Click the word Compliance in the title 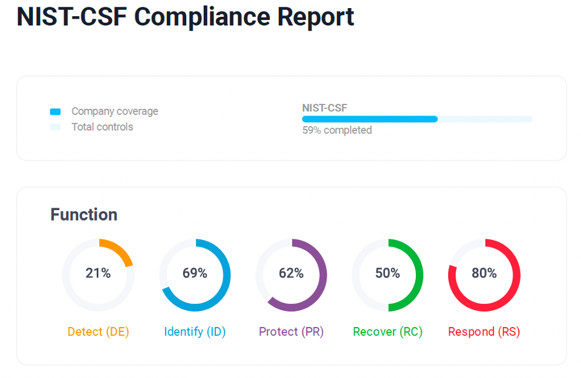click(x=202, y=17)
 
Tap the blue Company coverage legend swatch click(x=55, y=112)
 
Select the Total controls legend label click(x=102, y=127)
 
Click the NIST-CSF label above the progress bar click(x=325, y=108)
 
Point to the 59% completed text click(x=337, y=130)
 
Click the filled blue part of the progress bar click(x=369, y=119)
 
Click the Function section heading click(x=84, y=214)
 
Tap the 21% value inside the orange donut click(x=98, y=273)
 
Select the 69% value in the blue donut click(x=195, y=273)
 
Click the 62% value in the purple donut click(x=291, y=273)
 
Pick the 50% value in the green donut click(x=387, y=273)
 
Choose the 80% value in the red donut click(x=484, y=273)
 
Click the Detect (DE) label click(x=98, y=331)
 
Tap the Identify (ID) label click(x=195, y=331)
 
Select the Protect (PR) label click(x=291, y=331)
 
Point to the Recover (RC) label click(x=387, y=331)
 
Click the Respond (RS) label click(x=484, y=331)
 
